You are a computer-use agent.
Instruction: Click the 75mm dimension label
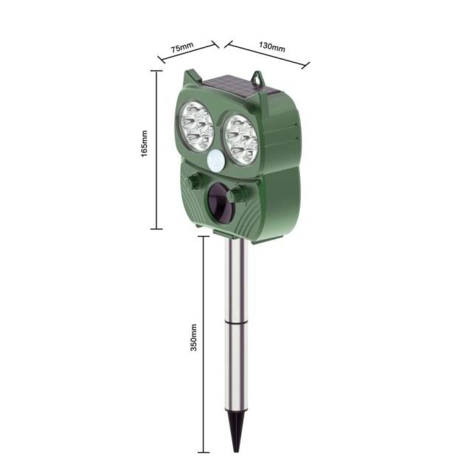pyautogui.click(x=182, y=47)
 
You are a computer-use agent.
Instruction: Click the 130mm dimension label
pyautogui.click(x=272, y=47)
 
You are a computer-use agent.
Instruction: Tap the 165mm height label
pyautogui.click(x=145, y=143)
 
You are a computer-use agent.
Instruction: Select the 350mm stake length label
pyautogui.click(x=194, y=338)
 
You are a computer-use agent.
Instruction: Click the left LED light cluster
pyautogui.click(x=197, y=126)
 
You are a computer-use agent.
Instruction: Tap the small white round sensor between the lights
pyautogui.click(x=215, y=160)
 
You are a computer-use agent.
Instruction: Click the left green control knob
pyautogui.click(x=195, y=181)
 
